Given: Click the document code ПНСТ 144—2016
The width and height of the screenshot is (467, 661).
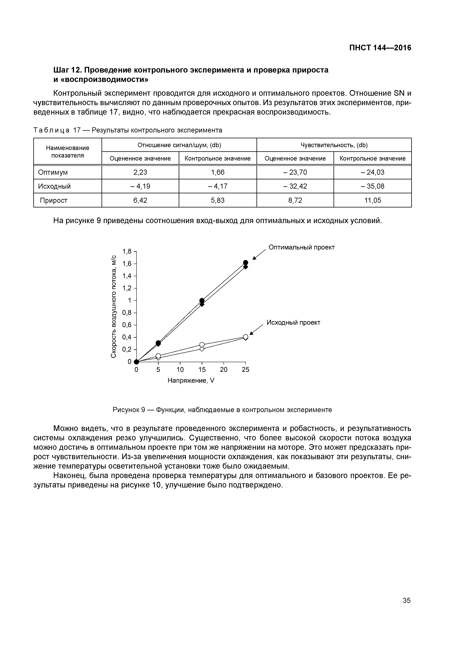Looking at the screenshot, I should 380,48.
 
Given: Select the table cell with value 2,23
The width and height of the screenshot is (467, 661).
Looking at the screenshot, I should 140,172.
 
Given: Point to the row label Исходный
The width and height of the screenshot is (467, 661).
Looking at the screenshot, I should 54,186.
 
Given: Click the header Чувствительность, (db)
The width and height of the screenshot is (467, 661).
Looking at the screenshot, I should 334,145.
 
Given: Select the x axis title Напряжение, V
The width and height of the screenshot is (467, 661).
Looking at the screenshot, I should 191,381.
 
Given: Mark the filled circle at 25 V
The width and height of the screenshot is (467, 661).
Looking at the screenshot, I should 245,262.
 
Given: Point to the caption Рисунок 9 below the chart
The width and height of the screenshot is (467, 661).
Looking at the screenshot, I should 222,410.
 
